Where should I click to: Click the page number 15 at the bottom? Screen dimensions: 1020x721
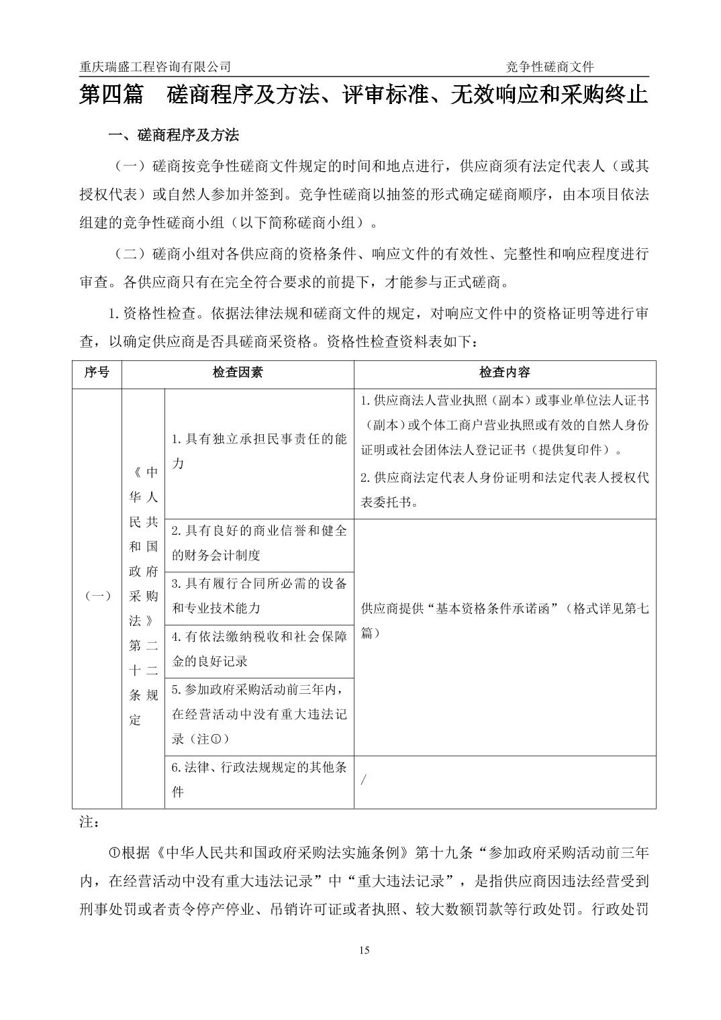pyautogui.click(x=365, y=950)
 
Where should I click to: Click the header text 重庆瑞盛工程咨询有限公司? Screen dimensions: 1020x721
pyautogui.click(x=155, y=66)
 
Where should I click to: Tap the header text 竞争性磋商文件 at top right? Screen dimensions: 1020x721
pyautogui.click(x=550, y=66)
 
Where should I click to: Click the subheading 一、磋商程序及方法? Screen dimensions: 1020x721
pyautogui.click(x=174, y=135)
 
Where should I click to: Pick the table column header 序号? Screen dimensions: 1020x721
pyautogui.click(x=97, y=372)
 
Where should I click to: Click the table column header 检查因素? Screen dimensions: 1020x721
pyautogui.click(x=238, y=372)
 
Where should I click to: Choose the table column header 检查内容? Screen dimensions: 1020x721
pyautogui.click(x=504, y=372)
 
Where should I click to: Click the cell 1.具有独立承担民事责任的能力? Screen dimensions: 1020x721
pyautogui.click(x=258, y=451)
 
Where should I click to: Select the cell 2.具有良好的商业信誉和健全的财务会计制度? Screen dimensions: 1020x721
pyautogui.click(x=258, y=543)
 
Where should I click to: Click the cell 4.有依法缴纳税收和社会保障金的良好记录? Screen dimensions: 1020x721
pyautogui.click(x=258, y=648)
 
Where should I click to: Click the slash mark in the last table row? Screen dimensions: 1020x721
pyautogui.click(x=364, y=780)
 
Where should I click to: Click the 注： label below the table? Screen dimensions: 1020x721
pyautogui.click(x=89, y=822)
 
